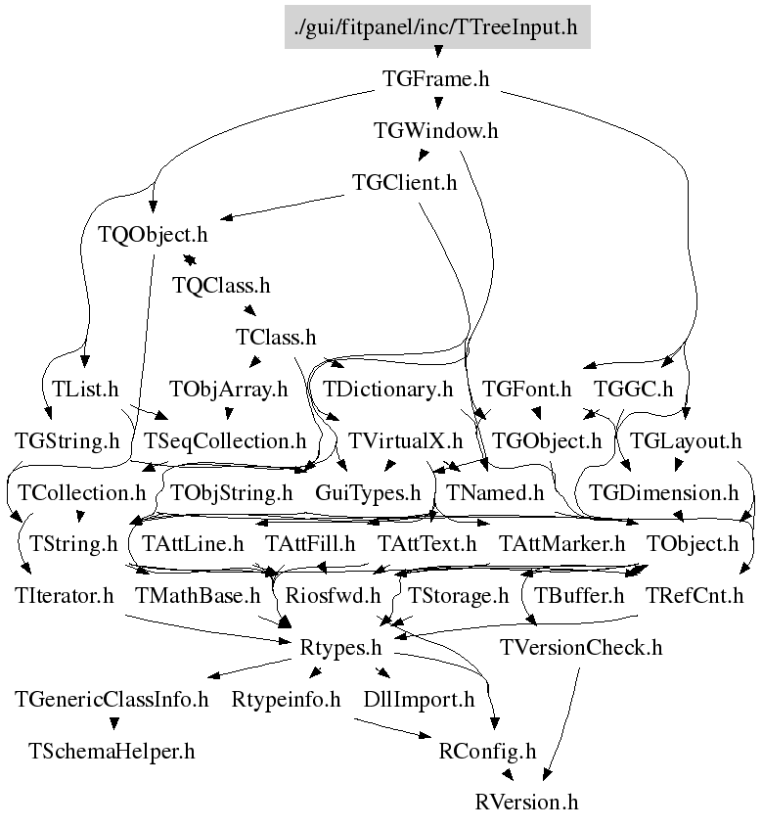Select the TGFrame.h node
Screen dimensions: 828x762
435,79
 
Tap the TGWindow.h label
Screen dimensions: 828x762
435,130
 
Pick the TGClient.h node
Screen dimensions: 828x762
405,182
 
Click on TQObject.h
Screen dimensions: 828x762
154,235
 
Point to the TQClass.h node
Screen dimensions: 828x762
220,286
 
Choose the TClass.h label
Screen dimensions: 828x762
276,337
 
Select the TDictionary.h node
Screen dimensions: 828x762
387,389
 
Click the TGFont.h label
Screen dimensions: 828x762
526,389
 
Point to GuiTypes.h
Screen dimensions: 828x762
368,491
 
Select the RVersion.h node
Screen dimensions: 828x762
527,802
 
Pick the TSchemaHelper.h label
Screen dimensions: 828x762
112,751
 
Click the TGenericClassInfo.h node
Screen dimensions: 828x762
112,699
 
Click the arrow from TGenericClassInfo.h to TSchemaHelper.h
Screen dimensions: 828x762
113,723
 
